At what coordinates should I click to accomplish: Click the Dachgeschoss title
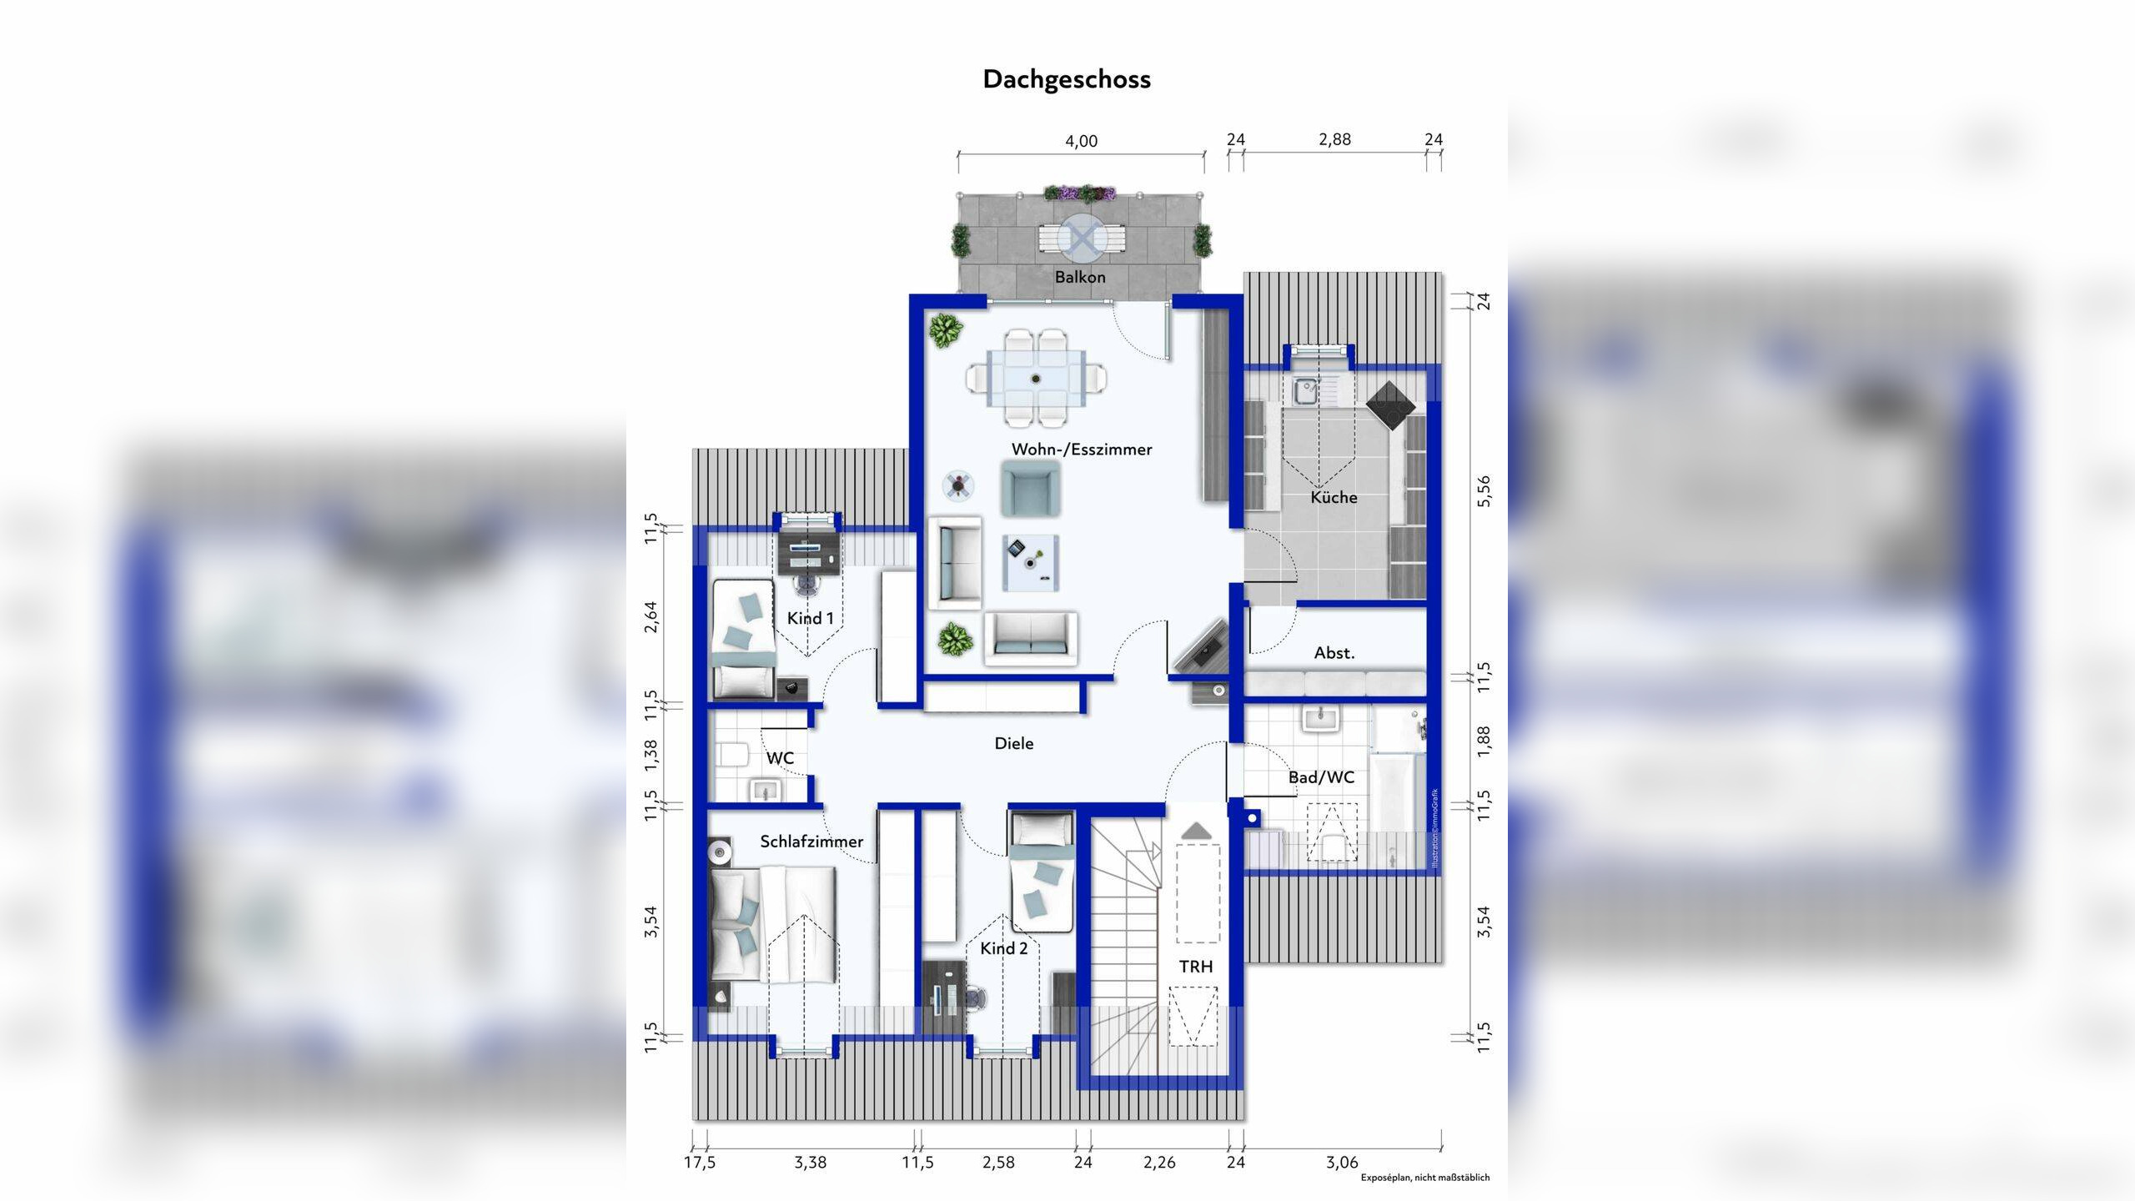click(x=1067, y=80)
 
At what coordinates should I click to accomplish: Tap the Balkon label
click(x=1080, y=277)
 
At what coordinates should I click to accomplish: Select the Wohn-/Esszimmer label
click(x=1082, y=450)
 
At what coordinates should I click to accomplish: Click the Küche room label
click(x=1334, y=497)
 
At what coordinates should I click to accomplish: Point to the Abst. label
click(x=1334, y=653)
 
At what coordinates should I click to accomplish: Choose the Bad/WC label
click(x=1321, y=777)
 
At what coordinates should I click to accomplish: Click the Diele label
click(x=1014, y=743)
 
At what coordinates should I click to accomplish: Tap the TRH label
click(x=1196, y=967)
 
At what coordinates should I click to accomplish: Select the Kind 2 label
click(x=1004, y=948)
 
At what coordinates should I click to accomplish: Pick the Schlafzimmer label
click(x=811, y=842)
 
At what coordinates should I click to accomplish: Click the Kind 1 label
click(x=810, y=618)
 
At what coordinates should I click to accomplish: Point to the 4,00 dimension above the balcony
click(x=1081, y=141)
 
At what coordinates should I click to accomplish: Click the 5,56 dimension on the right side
click(x=1483, y=491)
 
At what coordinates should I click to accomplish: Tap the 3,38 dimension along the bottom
click(x=810, y=1162)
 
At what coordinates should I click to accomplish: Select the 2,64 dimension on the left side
click(x=651, y=616)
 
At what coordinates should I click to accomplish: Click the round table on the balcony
click(x=1082, y=239)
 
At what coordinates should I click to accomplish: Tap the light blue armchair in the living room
click(x=1031, y=489)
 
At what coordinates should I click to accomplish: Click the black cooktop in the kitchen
click(x=1391, y=405)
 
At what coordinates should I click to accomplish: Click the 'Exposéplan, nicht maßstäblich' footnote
click(x=1425, y=1178)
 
